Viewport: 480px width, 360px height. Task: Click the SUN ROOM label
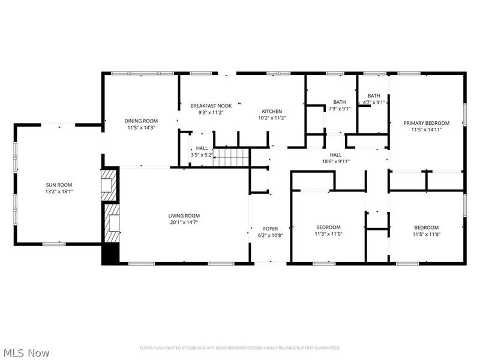(59, 184)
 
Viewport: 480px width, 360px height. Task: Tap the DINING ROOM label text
(141, 121)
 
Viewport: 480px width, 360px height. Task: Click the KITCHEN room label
(271, 111)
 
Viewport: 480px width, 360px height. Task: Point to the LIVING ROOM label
(184, 215)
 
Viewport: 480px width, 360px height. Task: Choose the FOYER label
(271, 229)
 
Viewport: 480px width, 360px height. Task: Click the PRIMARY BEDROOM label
(426, 122)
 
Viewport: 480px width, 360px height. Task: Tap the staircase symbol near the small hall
(232, 158)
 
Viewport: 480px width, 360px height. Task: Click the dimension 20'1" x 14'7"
(184, 223)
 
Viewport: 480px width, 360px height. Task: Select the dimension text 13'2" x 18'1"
(59, 191)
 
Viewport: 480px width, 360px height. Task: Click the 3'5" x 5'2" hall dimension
(202, 155)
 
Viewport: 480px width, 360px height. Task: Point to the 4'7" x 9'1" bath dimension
(374, 103)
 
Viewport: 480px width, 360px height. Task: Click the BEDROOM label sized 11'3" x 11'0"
(328, 227)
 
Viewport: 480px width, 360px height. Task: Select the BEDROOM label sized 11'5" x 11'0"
(426, 227)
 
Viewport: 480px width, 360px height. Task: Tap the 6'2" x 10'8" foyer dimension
(271, 236)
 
